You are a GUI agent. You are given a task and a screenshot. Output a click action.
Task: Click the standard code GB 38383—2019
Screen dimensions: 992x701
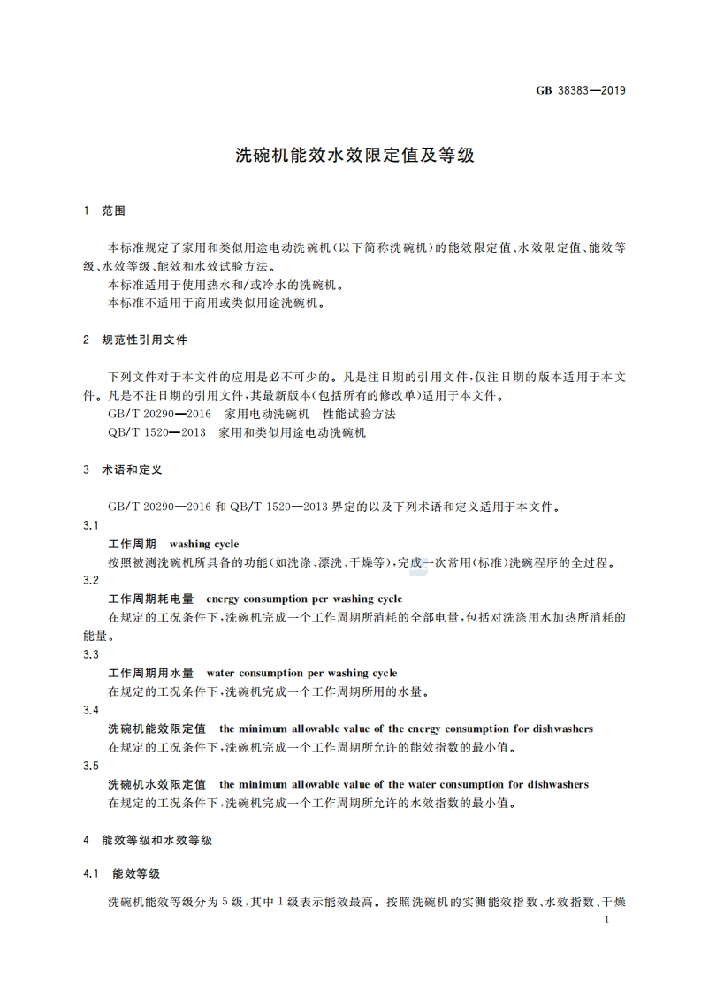[581, 90]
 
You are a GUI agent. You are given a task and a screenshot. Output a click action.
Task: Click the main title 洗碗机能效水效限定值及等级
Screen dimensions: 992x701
[354, 156]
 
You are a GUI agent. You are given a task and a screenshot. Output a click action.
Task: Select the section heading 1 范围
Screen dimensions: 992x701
[103, 211]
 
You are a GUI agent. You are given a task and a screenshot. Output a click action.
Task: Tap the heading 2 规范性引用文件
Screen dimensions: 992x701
[134, 340]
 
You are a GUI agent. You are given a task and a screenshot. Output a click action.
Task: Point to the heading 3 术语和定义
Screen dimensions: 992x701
[122, 469]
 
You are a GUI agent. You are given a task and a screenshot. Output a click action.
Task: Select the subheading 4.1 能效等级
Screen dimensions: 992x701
[121, 874]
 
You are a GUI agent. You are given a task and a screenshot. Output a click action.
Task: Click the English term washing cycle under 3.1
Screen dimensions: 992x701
[203, 544]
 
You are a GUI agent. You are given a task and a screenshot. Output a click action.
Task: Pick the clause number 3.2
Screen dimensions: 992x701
[90, 581]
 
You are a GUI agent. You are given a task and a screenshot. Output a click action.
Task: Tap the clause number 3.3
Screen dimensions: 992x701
[90, 655]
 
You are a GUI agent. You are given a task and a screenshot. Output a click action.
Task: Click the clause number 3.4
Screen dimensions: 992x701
[90, 711]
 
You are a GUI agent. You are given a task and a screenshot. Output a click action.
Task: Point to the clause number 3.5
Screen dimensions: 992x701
[90, 766]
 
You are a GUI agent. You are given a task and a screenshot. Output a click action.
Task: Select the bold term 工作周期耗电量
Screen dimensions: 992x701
[150, 599]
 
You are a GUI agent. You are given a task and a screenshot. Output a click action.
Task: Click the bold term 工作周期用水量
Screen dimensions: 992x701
[150, 674]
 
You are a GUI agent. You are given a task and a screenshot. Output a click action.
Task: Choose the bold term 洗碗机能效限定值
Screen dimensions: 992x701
[156, 729]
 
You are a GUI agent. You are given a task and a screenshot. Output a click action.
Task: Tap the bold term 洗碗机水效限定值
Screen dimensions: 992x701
[156, 784]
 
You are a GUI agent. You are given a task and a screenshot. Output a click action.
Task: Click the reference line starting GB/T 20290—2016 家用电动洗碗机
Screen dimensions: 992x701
[251, 414]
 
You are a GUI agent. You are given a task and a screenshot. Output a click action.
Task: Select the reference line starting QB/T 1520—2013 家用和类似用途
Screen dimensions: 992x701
[236, 433]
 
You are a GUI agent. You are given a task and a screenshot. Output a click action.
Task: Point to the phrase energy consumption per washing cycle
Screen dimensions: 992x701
[304, 599]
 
